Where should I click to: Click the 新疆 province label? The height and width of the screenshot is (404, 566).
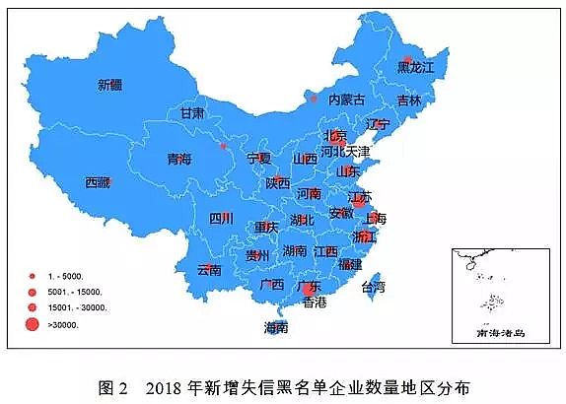[110, 85]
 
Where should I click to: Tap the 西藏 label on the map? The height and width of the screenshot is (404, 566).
[98, 182]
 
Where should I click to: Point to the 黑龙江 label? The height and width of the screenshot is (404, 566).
[415, 67]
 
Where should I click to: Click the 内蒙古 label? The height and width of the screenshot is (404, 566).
[346, 100]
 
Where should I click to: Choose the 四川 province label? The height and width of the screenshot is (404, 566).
[221, 219]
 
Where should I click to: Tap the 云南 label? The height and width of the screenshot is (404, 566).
[209, 269]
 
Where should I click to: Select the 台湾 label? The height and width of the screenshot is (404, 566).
[374, 288]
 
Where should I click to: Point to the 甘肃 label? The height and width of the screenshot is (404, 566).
[192, 113]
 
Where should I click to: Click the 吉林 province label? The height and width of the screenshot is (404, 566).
[409, 101]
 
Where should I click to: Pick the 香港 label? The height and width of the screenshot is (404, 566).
[314, 303]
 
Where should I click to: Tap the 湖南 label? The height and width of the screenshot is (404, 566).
[294, 251]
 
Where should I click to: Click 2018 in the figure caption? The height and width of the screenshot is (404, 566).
[166, 385]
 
